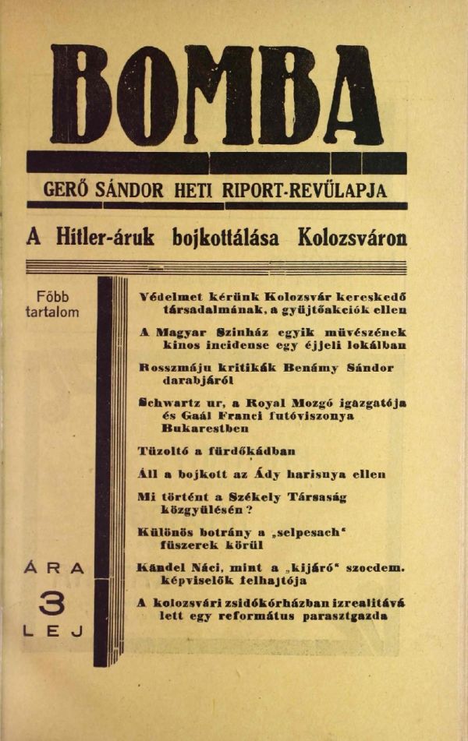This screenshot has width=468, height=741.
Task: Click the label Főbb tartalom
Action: coord(51,305)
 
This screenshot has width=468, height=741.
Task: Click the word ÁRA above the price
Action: coord(51,569)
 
